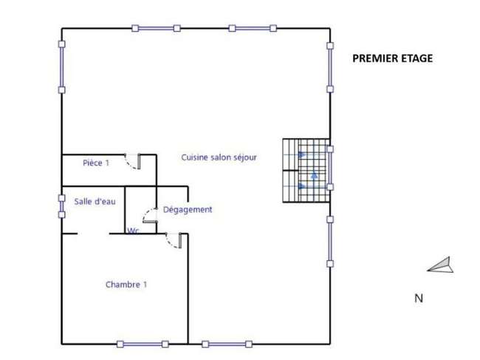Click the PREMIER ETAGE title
(x=392, y=58)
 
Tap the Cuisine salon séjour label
(x=219, y=157)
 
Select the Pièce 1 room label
(x=96, y=163)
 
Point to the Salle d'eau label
(x=95, y=201)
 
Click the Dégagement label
(x=188, y=209)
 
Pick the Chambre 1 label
(x=126, y=285)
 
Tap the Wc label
(x=133, y=231)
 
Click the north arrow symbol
(x=440, y=265)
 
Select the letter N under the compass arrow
(x=419, y=298)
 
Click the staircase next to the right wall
(x=306, y=170)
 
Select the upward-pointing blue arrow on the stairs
(x=314, y=175)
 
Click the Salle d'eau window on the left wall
(x=62, y=206)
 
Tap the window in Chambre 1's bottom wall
(x=143, y=344)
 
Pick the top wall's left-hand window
(x=156, y=29)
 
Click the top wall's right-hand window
(x=253, y=29)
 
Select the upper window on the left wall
(x=62, y=67)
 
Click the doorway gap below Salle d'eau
(x=93, y=234)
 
